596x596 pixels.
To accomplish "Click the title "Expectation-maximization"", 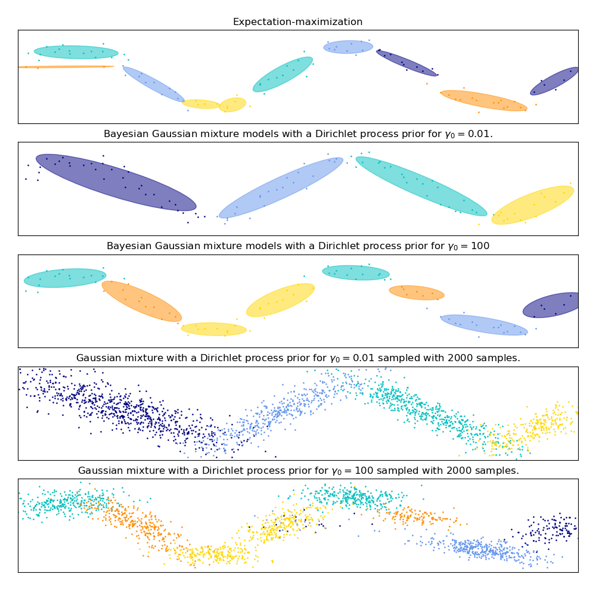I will (297, 22).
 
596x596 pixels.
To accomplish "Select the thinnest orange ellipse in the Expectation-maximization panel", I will (66, 67).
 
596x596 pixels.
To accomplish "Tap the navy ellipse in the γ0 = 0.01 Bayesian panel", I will (116, 182).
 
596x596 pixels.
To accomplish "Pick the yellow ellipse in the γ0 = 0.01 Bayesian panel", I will (533, 205).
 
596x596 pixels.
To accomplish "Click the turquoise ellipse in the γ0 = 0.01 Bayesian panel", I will (421, 186).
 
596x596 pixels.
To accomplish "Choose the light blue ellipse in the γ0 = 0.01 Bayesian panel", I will (281, 188).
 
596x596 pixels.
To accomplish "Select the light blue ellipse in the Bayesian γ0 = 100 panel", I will (484, 325).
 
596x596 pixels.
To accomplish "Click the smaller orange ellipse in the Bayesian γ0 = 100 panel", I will (417, 293).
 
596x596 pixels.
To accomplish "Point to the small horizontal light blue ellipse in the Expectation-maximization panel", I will (348, 47).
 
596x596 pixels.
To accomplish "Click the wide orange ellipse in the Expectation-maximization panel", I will (483, 101).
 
